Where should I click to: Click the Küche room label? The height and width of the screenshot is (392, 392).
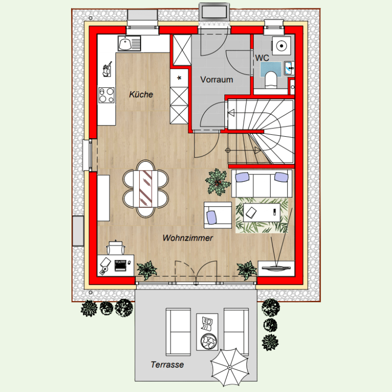[x=141, y=95]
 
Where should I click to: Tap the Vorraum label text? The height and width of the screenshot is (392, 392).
[x=217, y=79]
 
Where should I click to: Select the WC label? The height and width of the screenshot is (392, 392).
[x=262, y=58]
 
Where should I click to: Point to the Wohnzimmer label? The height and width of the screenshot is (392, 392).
[x=188, y=238]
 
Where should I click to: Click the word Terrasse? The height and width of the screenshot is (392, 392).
[x=167, y=365]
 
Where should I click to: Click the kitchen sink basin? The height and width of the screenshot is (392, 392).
[x=125, y=44]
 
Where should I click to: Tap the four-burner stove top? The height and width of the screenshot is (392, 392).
[x=106, y=95]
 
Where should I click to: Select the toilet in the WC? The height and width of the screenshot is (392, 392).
[x=271, y=80]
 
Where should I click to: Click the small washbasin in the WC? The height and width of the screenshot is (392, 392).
[x=289, y=68]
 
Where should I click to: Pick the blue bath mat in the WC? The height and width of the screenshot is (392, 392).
[x=271, y=70]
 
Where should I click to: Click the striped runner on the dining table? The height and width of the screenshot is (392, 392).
[x=146, y=189]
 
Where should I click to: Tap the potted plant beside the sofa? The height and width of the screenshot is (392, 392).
[x=218, y=182]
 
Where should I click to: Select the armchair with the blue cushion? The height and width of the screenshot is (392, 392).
[x=218, y=215]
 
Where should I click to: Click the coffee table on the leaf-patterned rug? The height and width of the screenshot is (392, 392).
[x=262, y=213]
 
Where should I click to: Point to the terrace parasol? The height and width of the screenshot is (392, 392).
[x=229, y=367]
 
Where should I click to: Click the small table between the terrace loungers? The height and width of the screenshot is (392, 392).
[x=207, y=332]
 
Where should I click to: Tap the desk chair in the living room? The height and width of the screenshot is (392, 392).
[x=116, y=247]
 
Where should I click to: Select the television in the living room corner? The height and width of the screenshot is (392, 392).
[x=276, y=268]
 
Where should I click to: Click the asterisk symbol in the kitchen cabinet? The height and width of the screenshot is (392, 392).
[x=179, y=78]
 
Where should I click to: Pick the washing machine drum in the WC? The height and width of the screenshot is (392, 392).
[x=281, y=46]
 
